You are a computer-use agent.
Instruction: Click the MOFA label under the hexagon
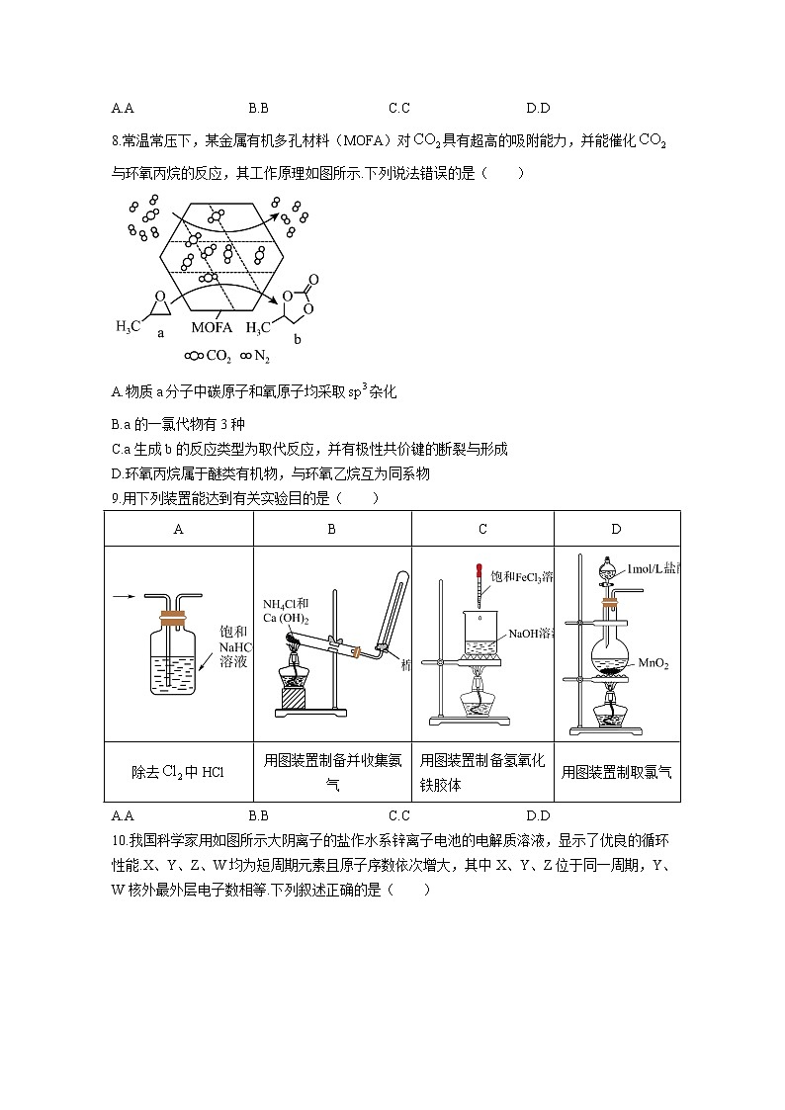212,327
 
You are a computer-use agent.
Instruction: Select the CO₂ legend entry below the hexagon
209,356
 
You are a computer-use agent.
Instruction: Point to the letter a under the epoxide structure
160,333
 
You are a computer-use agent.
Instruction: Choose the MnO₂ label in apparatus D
654,664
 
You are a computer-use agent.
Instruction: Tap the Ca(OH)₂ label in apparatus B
286,618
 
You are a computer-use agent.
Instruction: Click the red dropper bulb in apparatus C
479,571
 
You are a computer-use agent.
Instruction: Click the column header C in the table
482,529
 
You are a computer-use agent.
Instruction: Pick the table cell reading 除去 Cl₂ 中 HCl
178,772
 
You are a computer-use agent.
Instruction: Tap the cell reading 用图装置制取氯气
616,772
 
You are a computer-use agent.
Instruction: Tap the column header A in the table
178,529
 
